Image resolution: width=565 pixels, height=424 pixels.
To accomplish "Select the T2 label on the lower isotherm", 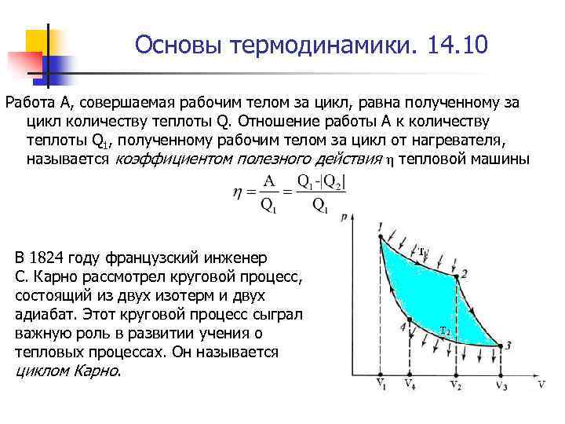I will click(x=444, y=329).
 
